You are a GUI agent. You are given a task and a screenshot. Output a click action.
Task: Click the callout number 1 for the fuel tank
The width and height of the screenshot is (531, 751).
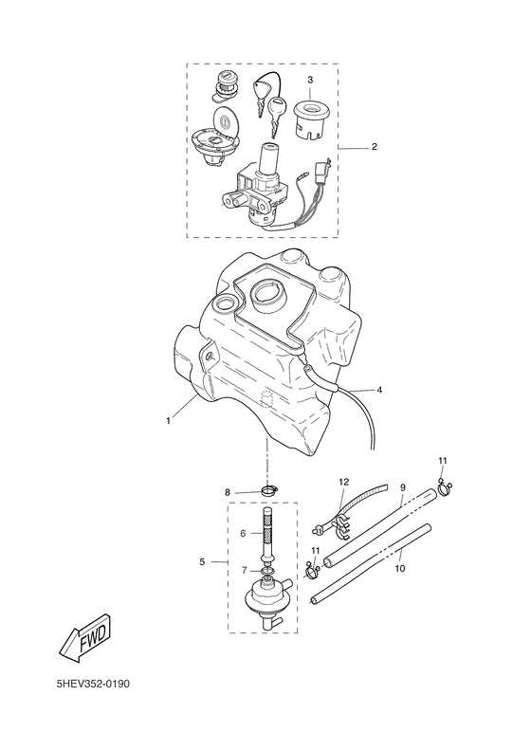pyautogui.click(x=168, y=420)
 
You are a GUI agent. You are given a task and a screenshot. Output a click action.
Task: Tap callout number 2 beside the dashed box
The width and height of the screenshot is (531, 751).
pyautogui.click(x=375, y=147)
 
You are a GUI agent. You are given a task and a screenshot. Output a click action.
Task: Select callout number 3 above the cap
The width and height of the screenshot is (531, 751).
pyautogui.click(x=310, y=80)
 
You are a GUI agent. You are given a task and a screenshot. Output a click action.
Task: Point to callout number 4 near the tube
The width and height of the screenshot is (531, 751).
pyautogui.click(x=379, y=390)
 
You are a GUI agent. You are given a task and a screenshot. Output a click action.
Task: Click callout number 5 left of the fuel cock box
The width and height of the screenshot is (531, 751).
pyautogui.click(x=202, y=561)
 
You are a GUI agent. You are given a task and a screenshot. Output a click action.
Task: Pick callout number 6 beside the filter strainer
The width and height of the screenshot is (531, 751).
pyautogui.click(x=243, y=533)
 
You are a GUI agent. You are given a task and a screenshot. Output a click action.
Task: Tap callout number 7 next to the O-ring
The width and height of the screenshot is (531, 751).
pyautogui.click(x=245, y=571)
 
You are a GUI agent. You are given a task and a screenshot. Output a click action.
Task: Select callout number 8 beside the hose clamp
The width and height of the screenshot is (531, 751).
pyautogui.click(x=228, y=492)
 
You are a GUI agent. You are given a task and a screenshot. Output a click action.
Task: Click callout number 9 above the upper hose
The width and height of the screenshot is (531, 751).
pyautogui.click(x=403, y=487)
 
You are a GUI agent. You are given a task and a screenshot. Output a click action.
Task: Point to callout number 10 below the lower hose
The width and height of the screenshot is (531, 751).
pyautogui.click(x=400, y=569)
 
